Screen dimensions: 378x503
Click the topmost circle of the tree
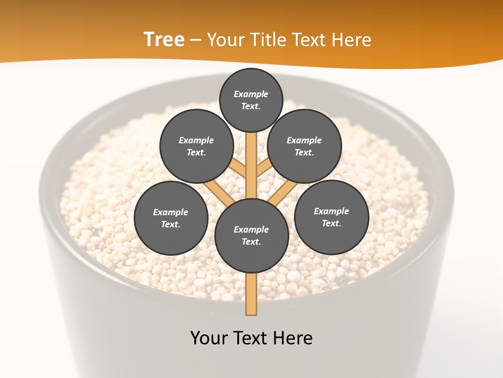[x=251, y=100]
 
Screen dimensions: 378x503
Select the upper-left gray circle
[x=196, y=146]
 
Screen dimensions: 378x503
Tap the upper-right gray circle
[x=304, y=146]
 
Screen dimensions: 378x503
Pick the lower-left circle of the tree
[x=170, y=218]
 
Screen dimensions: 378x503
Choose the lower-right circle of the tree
[x=331, y=217]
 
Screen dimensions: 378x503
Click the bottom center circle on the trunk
[x=251, y=236]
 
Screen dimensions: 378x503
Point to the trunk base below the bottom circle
[x=251, y=294]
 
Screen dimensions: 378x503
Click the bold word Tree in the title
[x=164, y=39]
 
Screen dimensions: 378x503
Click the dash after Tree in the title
[x=196, y=40]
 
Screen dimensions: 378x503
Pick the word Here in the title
[x=352, y=39]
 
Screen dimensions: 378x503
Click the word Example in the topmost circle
[x=251, y=94]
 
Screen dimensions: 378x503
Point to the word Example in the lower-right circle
[x=331, y=211]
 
